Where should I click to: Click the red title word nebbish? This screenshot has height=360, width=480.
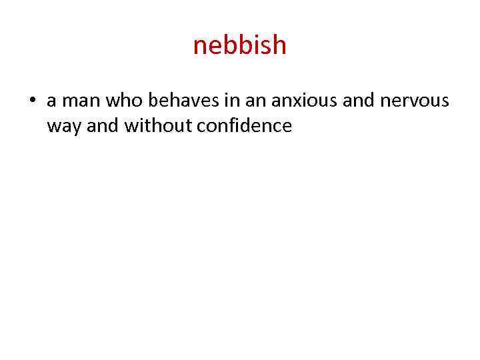click(x=239, y=45)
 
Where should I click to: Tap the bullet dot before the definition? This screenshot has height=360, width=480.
click(x=32, y=101)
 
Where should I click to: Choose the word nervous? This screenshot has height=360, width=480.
click(x=418, y=101)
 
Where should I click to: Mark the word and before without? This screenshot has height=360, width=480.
click(x=103, y=125)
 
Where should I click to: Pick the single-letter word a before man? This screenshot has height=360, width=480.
click(x=52, y=101)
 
